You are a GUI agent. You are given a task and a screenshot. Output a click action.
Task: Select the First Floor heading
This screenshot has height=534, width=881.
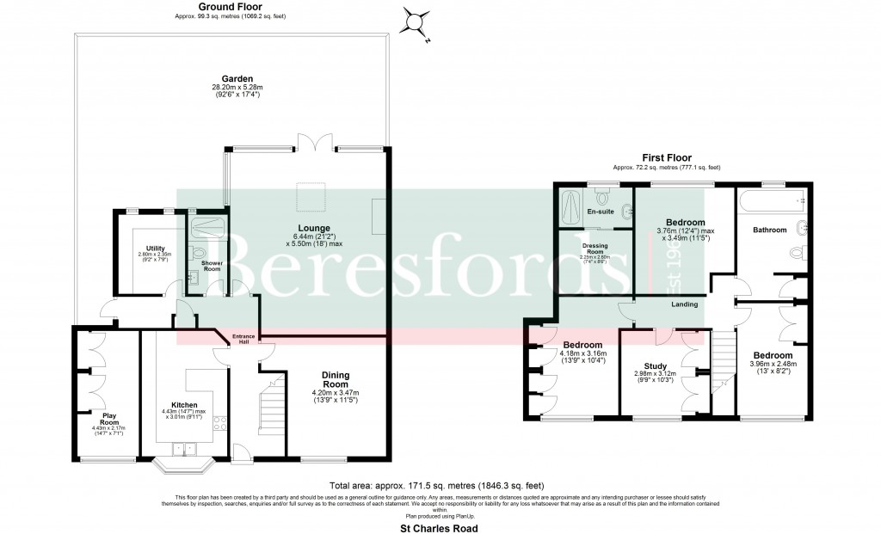666,158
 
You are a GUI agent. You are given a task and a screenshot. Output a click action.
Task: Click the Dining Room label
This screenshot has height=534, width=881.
336,379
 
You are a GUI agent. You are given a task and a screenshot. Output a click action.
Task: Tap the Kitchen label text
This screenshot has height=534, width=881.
184,405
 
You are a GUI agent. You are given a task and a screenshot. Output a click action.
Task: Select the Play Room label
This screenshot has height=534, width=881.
108,420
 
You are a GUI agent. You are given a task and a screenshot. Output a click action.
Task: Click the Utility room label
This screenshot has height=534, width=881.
156,248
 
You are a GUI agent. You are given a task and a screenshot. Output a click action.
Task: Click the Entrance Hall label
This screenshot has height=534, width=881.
243,339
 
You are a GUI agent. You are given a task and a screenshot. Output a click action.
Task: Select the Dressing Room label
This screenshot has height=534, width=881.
595,248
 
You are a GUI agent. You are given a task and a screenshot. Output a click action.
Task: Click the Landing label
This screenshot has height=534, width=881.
685,304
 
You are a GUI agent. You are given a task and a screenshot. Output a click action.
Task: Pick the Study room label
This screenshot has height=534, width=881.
656,365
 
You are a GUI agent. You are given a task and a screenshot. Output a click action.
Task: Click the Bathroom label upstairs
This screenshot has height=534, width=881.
770,230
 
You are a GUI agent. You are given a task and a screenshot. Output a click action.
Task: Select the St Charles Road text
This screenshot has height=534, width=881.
439,528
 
